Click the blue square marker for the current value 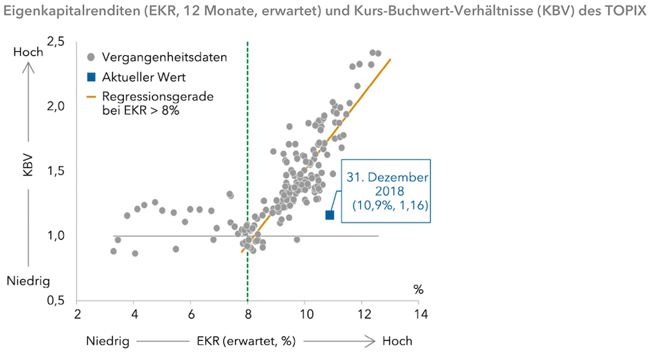click(x=330, y=215)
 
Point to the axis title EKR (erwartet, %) click(x=241, y=341)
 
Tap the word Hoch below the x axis click(x=397, y=341)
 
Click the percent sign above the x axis click(x=418, y=290)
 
